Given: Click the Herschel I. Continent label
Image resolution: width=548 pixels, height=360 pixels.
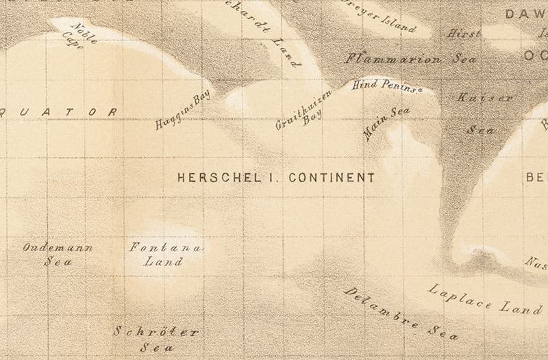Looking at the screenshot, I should pos(276,177).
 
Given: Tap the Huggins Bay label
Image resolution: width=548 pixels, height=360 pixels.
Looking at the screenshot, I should pos(182,112).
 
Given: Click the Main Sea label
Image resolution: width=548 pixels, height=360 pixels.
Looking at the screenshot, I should pos(382,124).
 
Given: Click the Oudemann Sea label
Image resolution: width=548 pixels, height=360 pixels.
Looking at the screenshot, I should pos(58,254).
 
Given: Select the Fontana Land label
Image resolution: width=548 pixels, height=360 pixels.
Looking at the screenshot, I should pos(165,254).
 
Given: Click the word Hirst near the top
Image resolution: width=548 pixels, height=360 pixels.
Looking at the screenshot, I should pos(464,33).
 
